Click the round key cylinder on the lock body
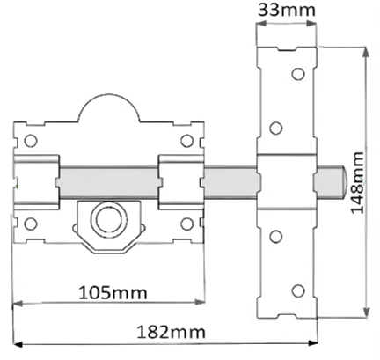click(x=105, y=217)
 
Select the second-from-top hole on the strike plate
click(x=275, y=129)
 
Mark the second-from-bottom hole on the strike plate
click(x=275, y=234)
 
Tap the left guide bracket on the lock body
click(x=37, y=180)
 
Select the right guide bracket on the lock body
click(x=179, y=180)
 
